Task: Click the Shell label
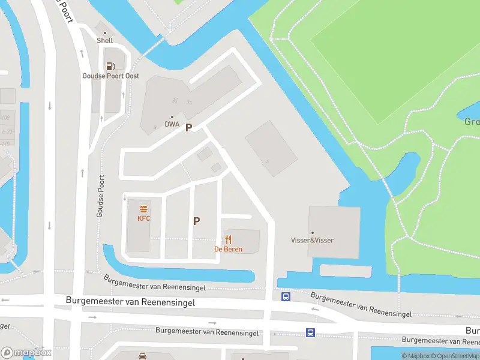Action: pos(105,41)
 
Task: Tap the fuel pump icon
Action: pos(110,66)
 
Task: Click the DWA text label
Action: pos(172,125)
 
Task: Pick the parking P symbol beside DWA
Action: pos(188,128)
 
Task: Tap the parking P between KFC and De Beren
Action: pos(196,221)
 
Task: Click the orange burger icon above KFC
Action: pos(144,209)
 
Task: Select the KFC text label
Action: pos(144,218)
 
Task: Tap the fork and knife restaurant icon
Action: pos(229,239)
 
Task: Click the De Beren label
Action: pos(229,249)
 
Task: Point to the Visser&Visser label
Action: pos(312,241)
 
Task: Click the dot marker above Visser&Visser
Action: pos(312,233)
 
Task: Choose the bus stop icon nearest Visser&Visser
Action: pos(286,296)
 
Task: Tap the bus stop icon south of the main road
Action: pos(310,332)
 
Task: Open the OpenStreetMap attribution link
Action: pos(457,356)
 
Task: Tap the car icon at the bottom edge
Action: pos(143,356)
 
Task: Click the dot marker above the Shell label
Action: pos(105,33)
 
